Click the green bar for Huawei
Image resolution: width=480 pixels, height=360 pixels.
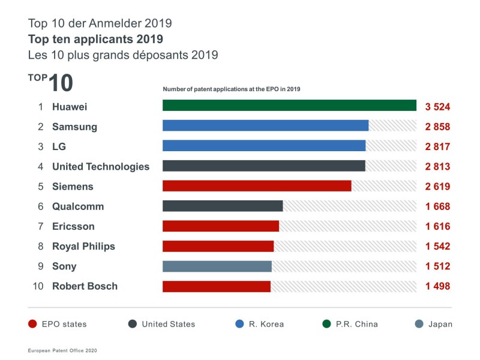[289, 106]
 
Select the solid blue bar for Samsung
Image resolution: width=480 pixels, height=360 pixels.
[265, 126]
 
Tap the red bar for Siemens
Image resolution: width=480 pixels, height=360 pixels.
[257, 186]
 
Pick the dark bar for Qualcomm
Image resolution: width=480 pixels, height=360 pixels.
[223, 206]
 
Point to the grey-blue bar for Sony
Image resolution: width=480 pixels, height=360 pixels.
[217, 266]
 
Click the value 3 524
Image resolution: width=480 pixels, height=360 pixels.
[437, 107]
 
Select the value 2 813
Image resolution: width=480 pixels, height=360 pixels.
[437, 167]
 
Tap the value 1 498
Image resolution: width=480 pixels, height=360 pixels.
[437, 286]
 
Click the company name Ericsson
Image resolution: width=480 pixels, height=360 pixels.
[73, 226]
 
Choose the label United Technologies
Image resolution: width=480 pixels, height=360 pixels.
[101, 166]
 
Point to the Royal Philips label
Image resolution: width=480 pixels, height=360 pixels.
[83, 247]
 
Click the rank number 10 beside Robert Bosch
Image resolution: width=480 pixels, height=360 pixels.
[38, 286]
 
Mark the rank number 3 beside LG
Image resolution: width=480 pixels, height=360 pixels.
[41, 146]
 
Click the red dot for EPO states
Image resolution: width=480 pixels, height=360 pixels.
[34, 324]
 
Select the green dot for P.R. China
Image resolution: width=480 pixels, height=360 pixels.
[328, 324]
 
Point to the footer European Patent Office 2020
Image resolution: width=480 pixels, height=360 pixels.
[62, 350]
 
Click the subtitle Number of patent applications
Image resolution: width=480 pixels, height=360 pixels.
[232, 89]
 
